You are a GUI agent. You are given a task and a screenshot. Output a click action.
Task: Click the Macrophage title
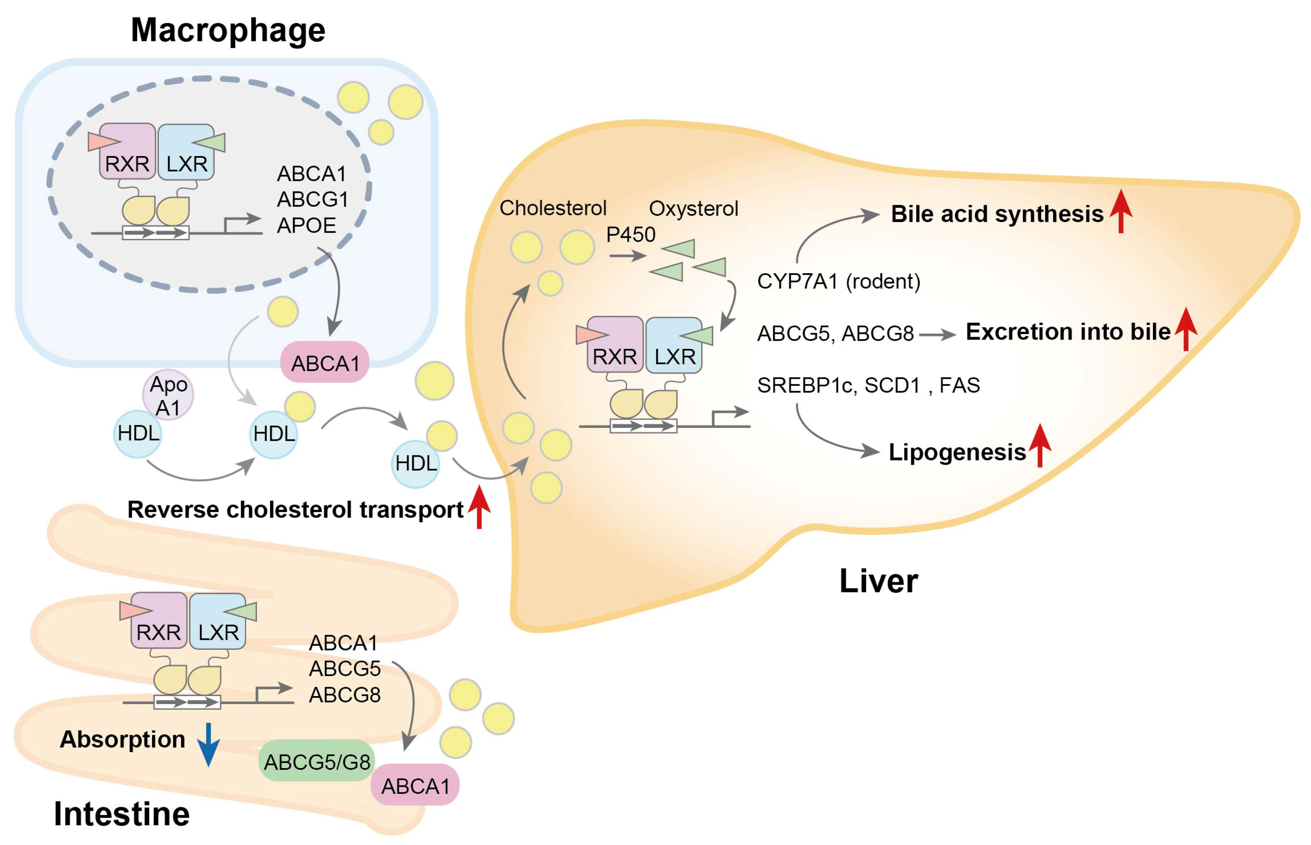(x=228, y=30)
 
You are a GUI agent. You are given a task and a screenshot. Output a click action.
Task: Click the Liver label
(x=878, y=581)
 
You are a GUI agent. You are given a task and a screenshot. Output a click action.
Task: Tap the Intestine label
(x=122, y=814)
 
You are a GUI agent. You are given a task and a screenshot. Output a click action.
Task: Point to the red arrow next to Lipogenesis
(x=1039, y=445)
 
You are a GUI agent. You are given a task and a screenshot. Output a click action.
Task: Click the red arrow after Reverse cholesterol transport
(x=479, y=507)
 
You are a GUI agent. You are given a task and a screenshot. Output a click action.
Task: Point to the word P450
(x=630, y=235)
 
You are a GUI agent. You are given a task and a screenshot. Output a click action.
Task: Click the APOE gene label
(x=306, y=225)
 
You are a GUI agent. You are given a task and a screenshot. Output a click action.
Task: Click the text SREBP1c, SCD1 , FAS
(x=868, y=385)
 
